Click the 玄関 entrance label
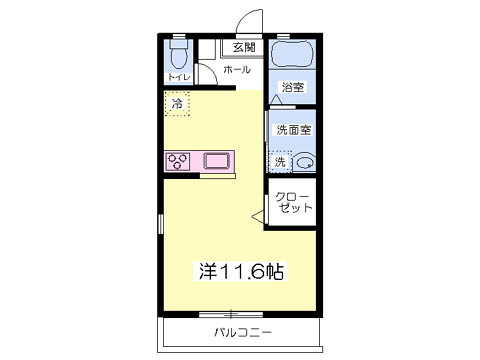(244, 48)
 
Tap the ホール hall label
(237, 70)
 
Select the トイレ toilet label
(179, 77)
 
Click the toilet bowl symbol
(179, 54)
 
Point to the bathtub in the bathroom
(292, 54)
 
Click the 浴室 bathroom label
(293, 87)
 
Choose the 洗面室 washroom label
(294, 130)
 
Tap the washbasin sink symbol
(305, 163)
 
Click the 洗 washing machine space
(280, 162)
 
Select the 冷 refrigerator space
(177, 104)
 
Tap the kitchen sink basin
(217, 161)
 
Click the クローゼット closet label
(293, 203)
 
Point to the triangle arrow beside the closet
(258, 216)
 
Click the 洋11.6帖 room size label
(241, 271)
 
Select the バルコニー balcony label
(243, 333)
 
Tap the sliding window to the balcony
(231, 314)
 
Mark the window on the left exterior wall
(161, 224)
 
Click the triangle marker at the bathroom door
(276, 99)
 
